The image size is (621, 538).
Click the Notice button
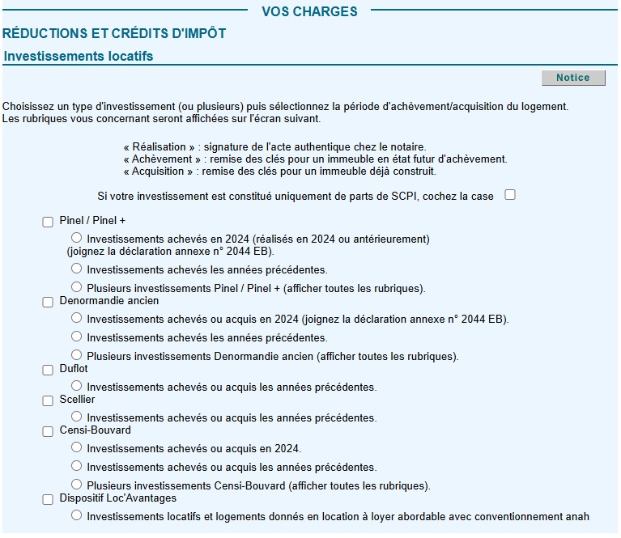point(572,78)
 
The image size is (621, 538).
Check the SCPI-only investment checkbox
point(510,195)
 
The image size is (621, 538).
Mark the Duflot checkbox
point(48,370)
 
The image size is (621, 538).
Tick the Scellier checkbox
point(48,400)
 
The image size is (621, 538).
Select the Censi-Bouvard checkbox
point(48,431)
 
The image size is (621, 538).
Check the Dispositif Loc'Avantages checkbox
point(48,500)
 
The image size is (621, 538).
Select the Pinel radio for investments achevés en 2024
point(77,238)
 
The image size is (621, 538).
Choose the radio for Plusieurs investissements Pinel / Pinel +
point(77,287)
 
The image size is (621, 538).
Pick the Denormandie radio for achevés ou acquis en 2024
point(77,318)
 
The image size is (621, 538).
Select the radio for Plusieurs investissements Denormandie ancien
point(77,354)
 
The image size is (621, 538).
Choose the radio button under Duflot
point(77,386)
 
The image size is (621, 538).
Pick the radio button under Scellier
point(77,417)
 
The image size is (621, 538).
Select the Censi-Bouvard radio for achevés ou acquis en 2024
point(77,447)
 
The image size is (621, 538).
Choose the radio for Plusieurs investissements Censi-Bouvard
point(77,485)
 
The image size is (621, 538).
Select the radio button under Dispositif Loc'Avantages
point(77,515)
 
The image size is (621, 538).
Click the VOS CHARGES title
point(309,11)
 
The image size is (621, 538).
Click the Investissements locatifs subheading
point(79,57)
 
